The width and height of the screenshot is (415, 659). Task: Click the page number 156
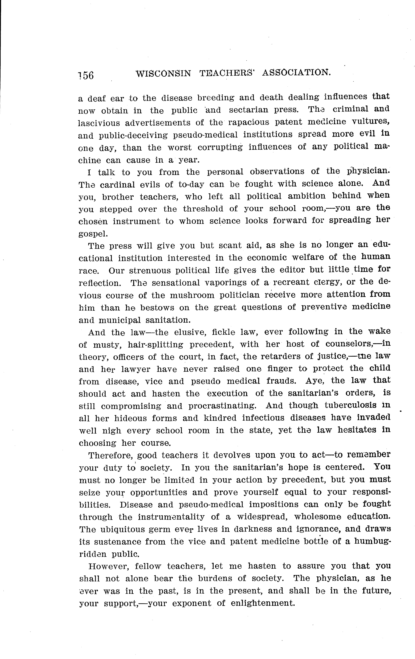pos(86,75)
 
